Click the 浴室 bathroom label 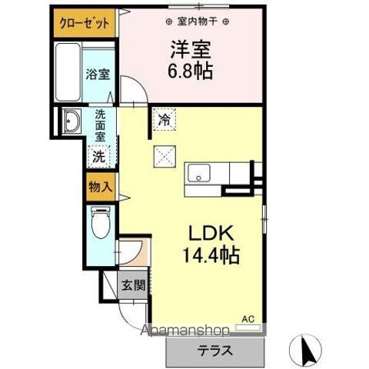98,75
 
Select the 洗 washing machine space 99,155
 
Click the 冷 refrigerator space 164,119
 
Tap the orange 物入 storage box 99,187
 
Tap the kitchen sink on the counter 199,174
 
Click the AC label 248,318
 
